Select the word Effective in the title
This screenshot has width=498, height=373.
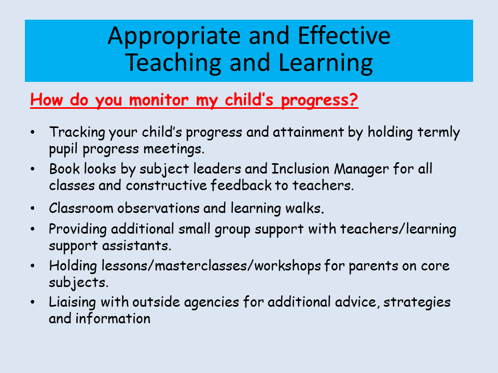[x=344, y=35]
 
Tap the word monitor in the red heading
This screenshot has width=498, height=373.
[x=159, y=100]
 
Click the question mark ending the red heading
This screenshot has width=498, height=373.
[x=353, y=99]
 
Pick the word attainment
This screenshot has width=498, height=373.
[x=308, y=132]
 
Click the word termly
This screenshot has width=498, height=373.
[x=438, y=133]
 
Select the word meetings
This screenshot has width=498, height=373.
[x=174, y=149]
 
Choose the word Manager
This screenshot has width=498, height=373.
[x=361, y=169]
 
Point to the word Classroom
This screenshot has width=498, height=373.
[x=81, y=208]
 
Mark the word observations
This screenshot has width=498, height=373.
[x=158, y=208]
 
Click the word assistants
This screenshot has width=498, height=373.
[x=136, y=246]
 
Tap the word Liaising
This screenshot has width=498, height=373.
[x=72, y=303]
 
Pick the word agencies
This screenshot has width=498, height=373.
[x=211, y=303]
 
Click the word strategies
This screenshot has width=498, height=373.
[x=417, y=303]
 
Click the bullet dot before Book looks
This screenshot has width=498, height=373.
[x=33, y=169]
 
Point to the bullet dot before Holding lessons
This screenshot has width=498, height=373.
[x=33, y=266]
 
